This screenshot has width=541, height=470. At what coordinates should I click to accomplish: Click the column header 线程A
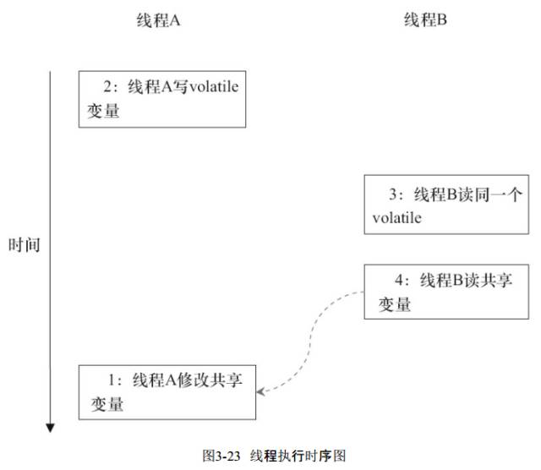pos(158,21)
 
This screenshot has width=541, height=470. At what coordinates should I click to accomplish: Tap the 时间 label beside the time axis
pos(25,246)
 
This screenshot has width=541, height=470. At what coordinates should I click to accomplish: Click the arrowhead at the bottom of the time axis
pos(52,426)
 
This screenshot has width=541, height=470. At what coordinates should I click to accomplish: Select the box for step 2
pos(162,99)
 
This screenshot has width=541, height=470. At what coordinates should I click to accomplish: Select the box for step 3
pos(428,204)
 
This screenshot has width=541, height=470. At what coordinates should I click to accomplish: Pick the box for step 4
pos(428,292)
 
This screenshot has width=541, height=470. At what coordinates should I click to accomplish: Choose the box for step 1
pos(167,391)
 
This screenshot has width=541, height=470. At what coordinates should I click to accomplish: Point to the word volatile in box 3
pos(396,218)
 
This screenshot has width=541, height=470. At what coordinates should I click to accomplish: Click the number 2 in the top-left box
pos(107,85)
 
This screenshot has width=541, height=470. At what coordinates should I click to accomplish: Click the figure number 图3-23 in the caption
pos(222,455)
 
